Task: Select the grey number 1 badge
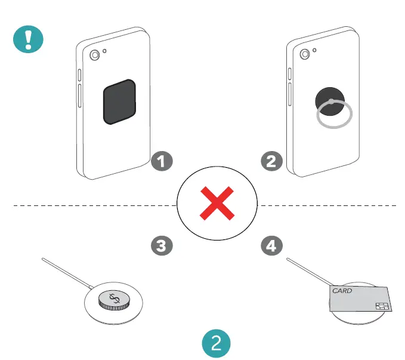click(161, 160)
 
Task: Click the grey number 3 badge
click(161, 245)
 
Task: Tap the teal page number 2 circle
click(217, 343)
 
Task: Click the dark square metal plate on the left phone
click(119, 102)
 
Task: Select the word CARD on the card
click(342, 292)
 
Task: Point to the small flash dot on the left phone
click(105, 51)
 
